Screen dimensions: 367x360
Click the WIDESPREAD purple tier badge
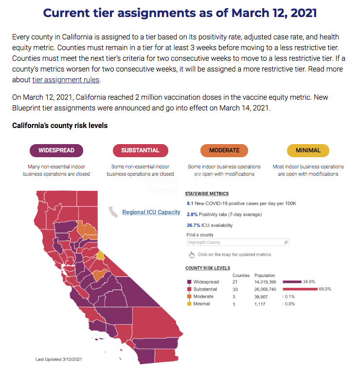point(56,150)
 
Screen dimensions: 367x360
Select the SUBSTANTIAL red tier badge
point(140,150)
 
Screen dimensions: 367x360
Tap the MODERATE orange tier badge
point(224,150)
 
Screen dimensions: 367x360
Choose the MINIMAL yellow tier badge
point(308,150)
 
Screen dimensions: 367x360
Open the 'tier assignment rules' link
point(65,80)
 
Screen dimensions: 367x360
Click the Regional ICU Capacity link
point(151,212)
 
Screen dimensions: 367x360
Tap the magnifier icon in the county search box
point(286,242)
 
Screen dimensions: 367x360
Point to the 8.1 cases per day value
point(190,203)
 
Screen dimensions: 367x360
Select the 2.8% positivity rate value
point(192,215)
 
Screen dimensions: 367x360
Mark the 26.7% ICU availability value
point(194,225)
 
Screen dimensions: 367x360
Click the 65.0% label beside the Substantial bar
point(325,289)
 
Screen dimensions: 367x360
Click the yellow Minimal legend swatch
point(189,304)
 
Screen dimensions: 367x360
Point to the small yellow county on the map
point(100,255)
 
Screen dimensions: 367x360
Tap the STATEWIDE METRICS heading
point(207,193)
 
